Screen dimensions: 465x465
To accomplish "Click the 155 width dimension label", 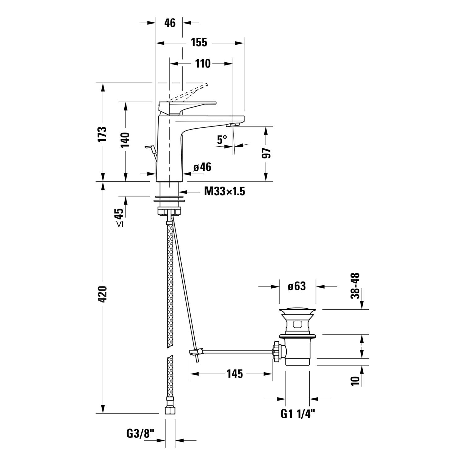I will point(199,42).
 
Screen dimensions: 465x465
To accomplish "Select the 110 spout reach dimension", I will point(202,64).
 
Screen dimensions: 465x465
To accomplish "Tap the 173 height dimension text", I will point(102,134).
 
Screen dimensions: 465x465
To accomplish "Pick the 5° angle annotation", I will point(222,140).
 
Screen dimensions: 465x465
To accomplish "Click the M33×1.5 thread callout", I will point(224,192).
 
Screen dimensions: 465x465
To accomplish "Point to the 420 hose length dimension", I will point(102,294).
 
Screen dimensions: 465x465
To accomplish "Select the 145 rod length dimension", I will point(235,374).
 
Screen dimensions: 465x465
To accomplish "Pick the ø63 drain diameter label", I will point(296,286).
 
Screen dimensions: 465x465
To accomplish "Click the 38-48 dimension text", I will point(355,286).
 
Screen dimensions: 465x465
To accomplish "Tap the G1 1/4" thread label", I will point(298,414).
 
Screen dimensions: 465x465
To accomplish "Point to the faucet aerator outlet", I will point(232,125).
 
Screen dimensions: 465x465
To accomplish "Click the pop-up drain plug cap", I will point(297,310).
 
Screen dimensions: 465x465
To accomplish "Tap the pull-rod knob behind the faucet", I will point(149,147).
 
